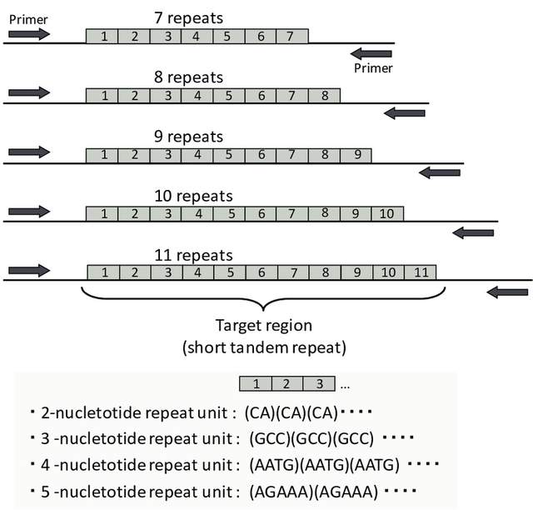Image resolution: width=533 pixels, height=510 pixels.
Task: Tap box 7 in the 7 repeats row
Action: (290, 36)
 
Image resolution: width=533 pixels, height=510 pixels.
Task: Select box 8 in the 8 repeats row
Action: (323, 95)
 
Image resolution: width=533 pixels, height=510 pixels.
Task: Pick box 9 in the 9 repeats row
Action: (356, 154)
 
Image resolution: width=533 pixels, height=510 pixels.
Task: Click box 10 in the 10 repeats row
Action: (387, 213)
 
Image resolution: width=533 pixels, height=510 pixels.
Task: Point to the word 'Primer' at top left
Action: (26, 16)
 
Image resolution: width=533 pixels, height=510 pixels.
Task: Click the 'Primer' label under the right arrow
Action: (372, 68)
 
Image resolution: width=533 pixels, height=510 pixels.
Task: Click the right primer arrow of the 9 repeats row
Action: (438, 172)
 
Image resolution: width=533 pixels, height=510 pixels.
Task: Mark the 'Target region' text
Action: (263, 326)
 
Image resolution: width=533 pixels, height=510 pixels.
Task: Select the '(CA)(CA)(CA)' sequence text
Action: (290, 412)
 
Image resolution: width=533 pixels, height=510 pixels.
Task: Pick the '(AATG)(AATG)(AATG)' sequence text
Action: (324, 463)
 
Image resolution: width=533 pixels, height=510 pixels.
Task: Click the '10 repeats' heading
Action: (193, 196)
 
